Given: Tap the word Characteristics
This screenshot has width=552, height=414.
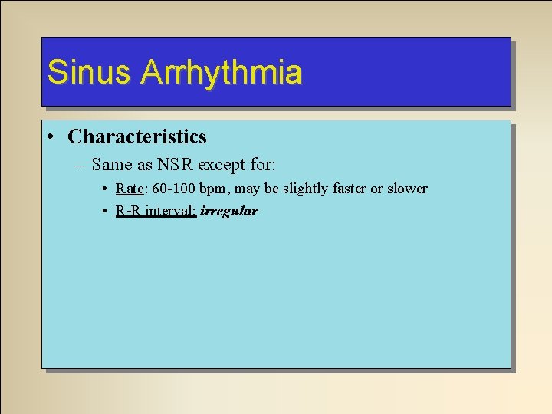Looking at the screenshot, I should tap(137, 137).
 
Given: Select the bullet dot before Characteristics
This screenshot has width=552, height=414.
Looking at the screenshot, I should tap(49, 137).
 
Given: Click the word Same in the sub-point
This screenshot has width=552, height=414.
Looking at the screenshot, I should tap(111, 164).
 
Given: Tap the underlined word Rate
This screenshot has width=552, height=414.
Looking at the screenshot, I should tap(129, 189).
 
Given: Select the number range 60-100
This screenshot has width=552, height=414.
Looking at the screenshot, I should tap(172, 189).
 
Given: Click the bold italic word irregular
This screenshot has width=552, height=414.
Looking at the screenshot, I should tap(229, 211).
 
